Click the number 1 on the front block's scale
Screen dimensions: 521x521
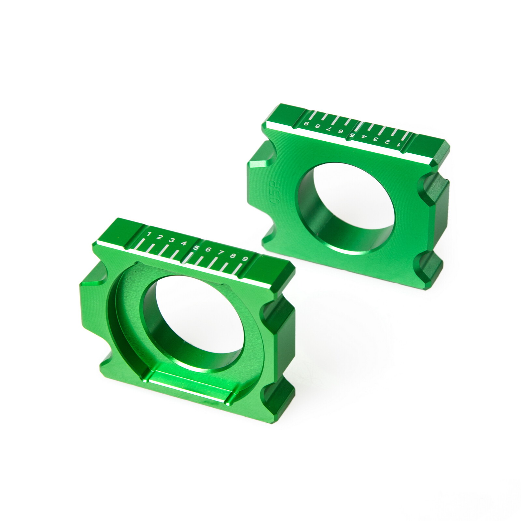[149, 234]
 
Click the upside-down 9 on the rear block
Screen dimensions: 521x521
[306, 124]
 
